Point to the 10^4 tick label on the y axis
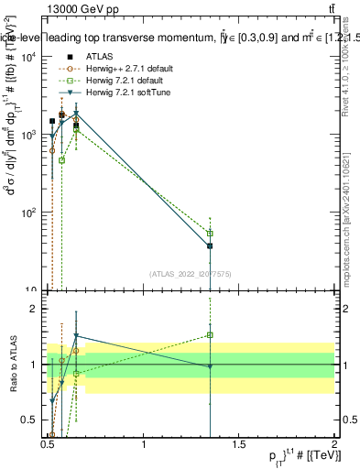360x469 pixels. [30, 57]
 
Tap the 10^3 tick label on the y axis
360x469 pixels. [30, 135]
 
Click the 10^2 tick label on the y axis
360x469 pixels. [30, 213]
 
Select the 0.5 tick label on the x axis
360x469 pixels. [49, 442]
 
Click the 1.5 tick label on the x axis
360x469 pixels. [239, 442]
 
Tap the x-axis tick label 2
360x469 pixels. [334, 442]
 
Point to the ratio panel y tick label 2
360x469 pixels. [34, 310]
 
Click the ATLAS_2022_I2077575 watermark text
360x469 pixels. [191, 273]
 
